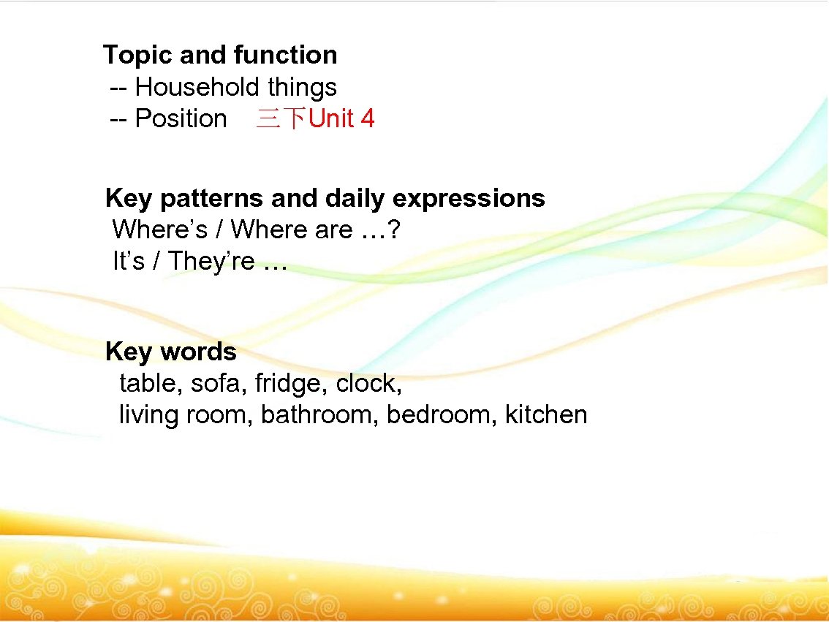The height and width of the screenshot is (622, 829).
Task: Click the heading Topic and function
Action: tap(220, 56)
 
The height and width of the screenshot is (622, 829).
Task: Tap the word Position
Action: tap(181, 119)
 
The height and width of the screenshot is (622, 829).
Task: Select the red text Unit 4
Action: tap(341, 119)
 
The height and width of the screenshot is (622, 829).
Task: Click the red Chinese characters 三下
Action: tap(281, 119)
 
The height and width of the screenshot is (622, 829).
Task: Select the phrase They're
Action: tap(211, 262)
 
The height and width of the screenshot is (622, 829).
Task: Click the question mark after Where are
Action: tap(394, 230)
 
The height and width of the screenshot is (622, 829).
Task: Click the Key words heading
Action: tap(171, 352)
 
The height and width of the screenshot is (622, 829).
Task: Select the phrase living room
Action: tap(186, 415)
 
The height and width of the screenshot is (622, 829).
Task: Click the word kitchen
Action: tap(546, 415)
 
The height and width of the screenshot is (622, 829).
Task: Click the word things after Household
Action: tap(302, 88)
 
